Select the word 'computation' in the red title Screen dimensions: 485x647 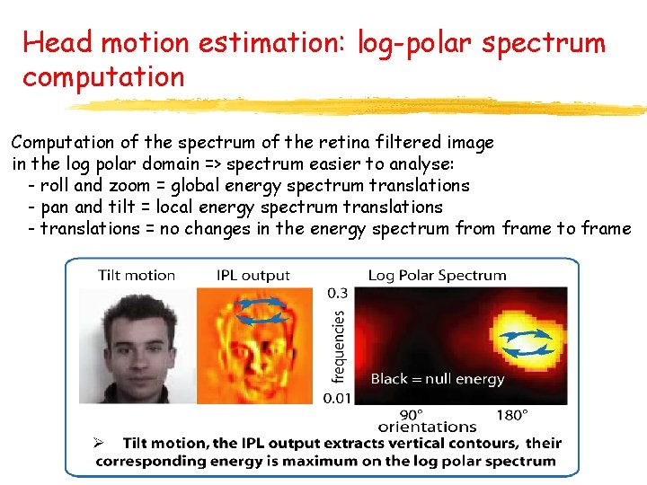103,77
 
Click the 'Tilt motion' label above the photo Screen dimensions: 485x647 137,276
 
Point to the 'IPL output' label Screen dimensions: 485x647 253,276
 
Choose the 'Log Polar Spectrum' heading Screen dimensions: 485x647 437,276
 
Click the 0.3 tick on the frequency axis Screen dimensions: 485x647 338,293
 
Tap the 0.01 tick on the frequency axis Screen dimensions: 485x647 336,398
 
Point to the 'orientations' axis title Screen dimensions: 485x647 428,427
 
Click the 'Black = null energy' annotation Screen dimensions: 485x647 438,379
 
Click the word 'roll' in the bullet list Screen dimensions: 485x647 54,186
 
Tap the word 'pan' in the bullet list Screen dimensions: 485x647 55,207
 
